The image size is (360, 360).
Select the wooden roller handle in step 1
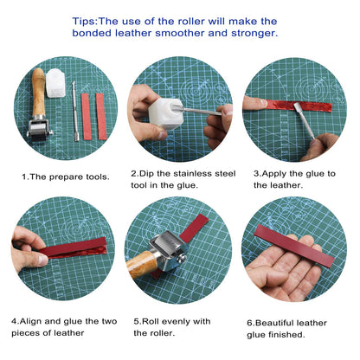37,90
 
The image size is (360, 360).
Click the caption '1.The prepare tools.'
65,177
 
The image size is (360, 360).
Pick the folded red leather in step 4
74,247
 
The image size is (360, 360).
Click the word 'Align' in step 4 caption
37,320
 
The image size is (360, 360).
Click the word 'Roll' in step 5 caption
151,320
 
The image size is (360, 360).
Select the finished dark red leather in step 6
294,245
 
